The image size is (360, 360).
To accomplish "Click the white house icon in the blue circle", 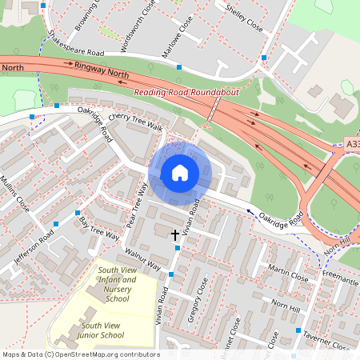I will tap(180, 172).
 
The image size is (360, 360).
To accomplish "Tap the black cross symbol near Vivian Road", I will tap(176, 234).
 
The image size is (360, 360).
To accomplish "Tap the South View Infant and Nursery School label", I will tap(117, 285).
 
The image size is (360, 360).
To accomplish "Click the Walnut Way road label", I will tap(143, 259).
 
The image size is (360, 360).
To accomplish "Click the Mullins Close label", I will tap(15, 194).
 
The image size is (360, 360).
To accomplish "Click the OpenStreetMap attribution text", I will tap(81, 354).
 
